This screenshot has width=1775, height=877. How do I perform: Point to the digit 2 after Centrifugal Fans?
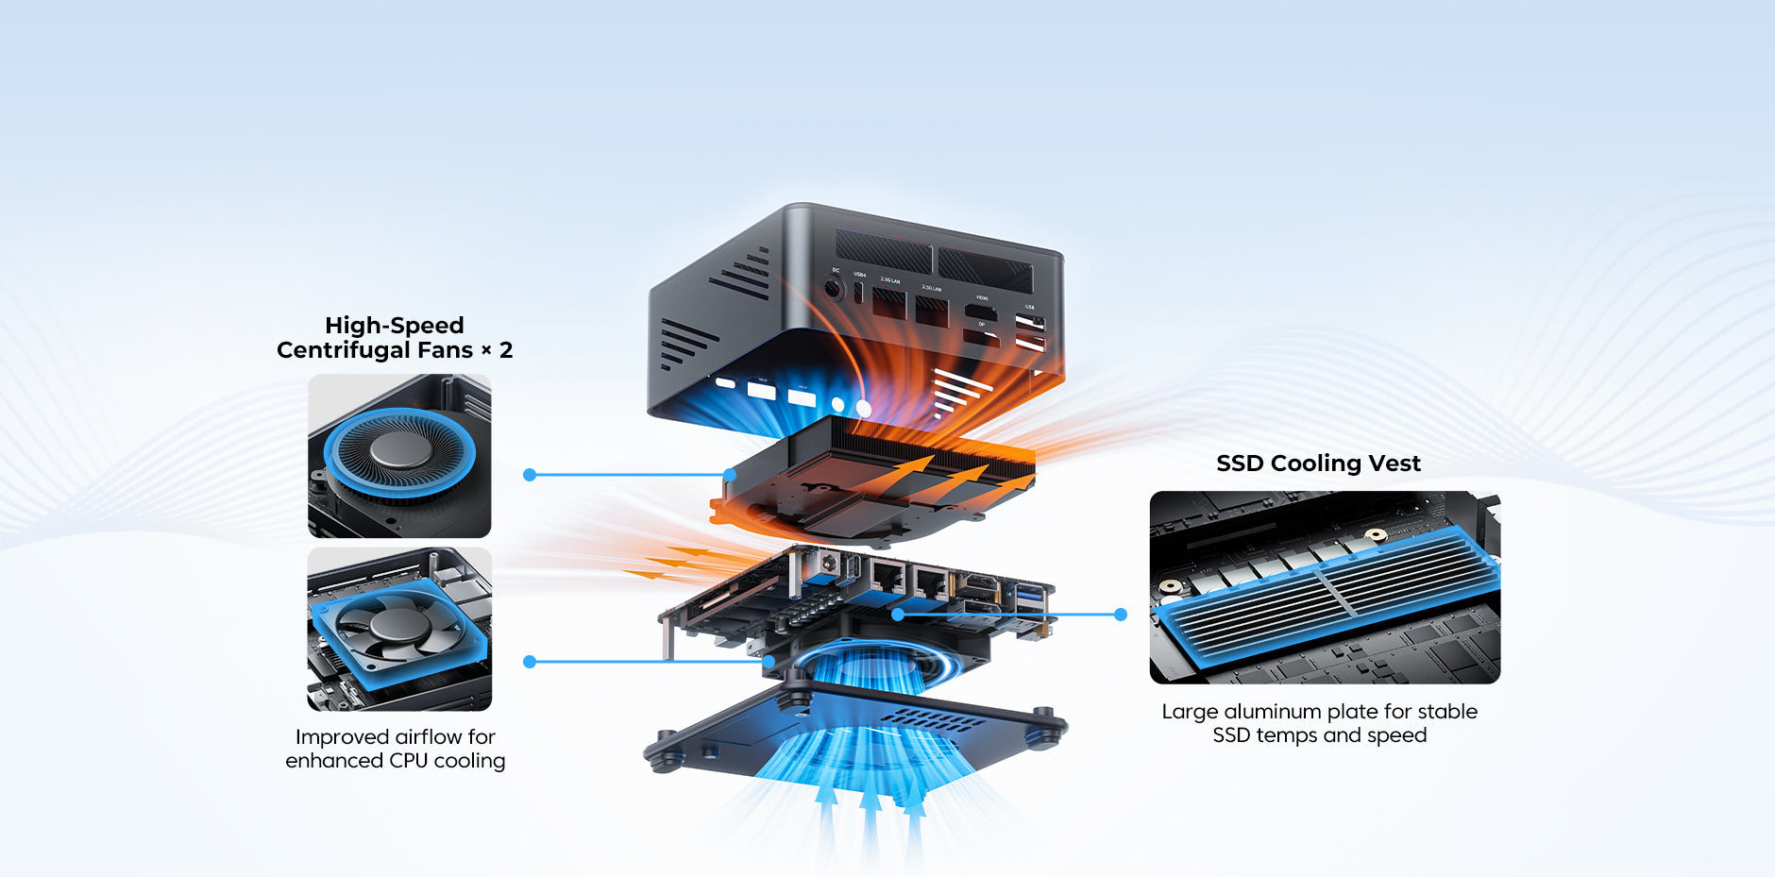(x=506, y=350)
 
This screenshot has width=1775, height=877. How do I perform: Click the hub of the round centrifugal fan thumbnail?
(x=399, y=451)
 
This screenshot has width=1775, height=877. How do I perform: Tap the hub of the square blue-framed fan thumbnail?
(x=397, y=627)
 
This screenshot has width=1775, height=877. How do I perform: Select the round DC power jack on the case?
(x=833, y=288)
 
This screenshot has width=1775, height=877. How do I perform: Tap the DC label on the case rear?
(x=836, y=270)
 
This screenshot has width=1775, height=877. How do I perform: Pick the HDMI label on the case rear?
(x=982, y=297)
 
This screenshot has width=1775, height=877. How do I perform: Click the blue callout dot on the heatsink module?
(x=730, y=475)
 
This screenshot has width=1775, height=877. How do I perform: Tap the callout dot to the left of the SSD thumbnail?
(x=1121, y=615)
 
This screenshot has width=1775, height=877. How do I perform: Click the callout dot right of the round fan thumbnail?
(x=530, y=475)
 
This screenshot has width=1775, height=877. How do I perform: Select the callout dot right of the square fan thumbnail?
(x=530, y=662)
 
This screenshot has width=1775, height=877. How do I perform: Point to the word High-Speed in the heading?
(x=394, y=326)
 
